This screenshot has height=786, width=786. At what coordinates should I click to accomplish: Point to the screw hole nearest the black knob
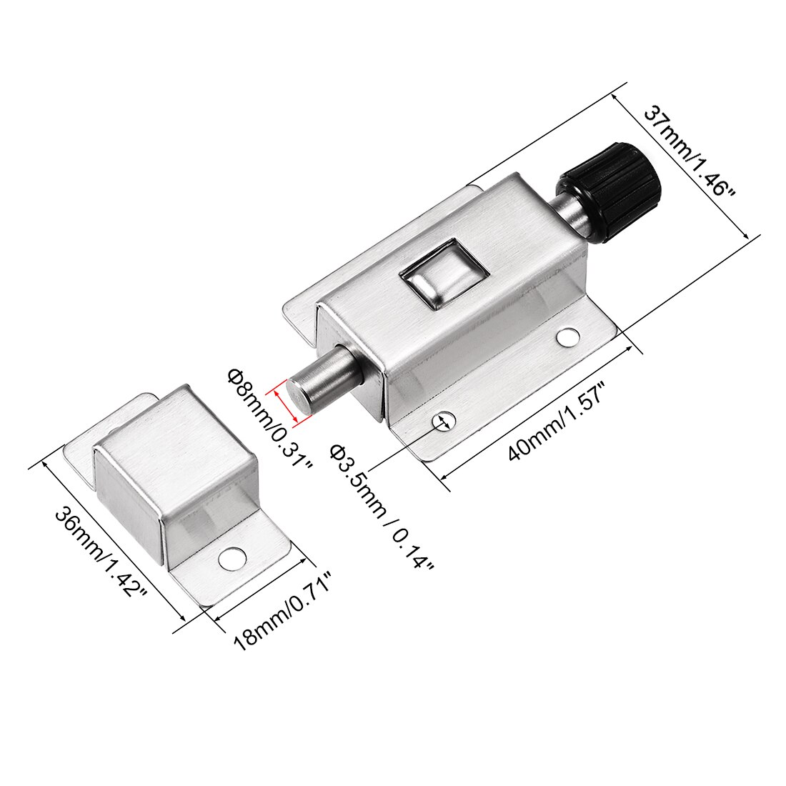(x=568, y=336)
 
